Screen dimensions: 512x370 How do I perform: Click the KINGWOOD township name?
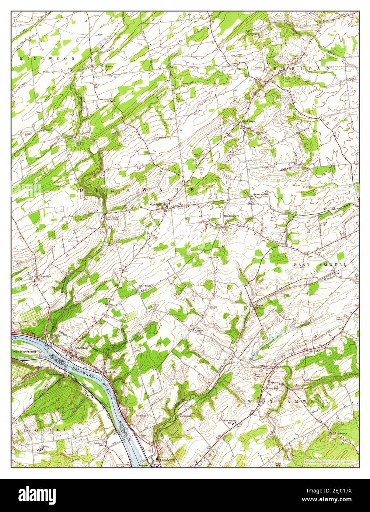click(x=48, y=59)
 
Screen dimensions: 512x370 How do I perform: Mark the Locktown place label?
click(x=108, y=66)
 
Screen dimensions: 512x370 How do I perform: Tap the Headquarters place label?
click(x=231, y=216)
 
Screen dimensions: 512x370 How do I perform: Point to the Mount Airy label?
click(x=273, y=388)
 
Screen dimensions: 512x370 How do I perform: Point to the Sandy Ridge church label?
click(x=144, y=286)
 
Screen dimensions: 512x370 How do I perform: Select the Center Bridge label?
click(x=55, y=375)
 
